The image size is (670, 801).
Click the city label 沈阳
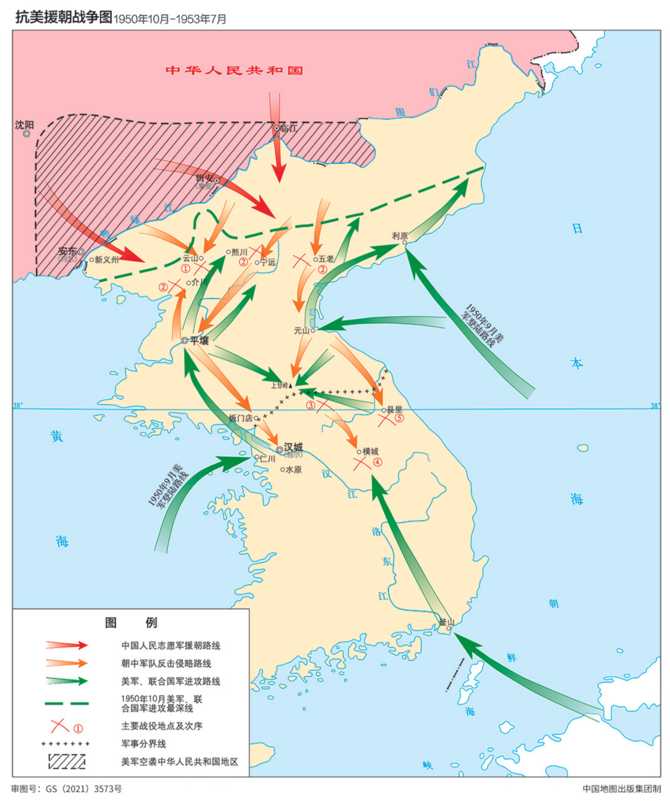point(25,125)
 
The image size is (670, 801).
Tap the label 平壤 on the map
point(199,341)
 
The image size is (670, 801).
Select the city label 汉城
point(293,447)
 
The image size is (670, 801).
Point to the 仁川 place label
point(267,459)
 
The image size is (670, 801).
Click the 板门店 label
point(241,418)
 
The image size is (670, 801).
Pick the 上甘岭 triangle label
point(280,385)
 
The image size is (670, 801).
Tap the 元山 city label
point(302,331)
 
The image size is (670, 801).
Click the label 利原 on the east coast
point(400,236)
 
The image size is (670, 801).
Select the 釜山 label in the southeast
point(447,622)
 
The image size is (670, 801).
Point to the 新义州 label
point(107,260)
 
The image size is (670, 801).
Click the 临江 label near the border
point(288,128)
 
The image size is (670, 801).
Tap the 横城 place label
point(370,451)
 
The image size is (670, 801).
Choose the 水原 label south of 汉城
point(293,470)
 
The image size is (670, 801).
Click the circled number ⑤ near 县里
point(399,418)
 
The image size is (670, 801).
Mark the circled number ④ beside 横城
point(377,462)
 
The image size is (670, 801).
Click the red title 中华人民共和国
point(234,70)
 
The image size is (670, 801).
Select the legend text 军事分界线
point(143,743)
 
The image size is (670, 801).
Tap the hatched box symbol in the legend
point(66,761)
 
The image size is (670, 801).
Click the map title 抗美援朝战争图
point(63,17)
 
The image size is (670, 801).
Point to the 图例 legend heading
point(131,622)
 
